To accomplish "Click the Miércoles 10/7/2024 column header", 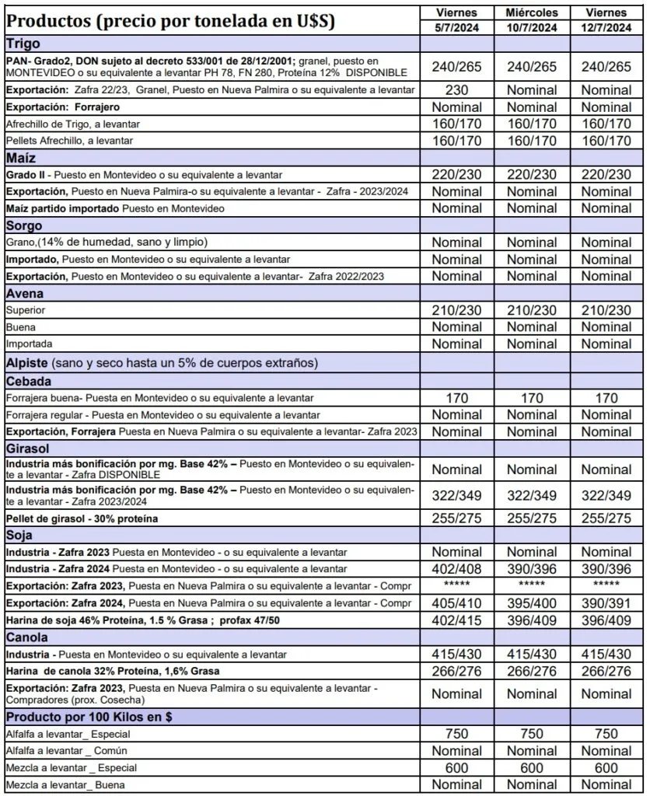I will tap(532, 20).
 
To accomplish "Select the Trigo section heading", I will tap(23, 44).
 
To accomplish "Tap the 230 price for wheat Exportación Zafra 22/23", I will tap(456, 90).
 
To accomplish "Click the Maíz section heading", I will tap(23, 158).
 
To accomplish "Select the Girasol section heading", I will tap(28, 449).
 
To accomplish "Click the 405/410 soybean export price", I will tap(456, 603).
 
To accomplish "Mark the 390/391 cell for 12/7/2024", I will tap(606, 603).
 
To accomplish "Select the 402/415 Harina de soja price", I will tap(456, 620).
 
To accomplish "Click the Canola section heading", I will tap(27, 637).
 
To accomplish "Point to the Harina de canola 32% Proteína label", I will tap(113, 671).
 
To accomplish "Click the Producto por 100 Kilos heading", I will tap(89, 717).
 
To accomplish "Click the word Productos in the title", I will tap(50, 21).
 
